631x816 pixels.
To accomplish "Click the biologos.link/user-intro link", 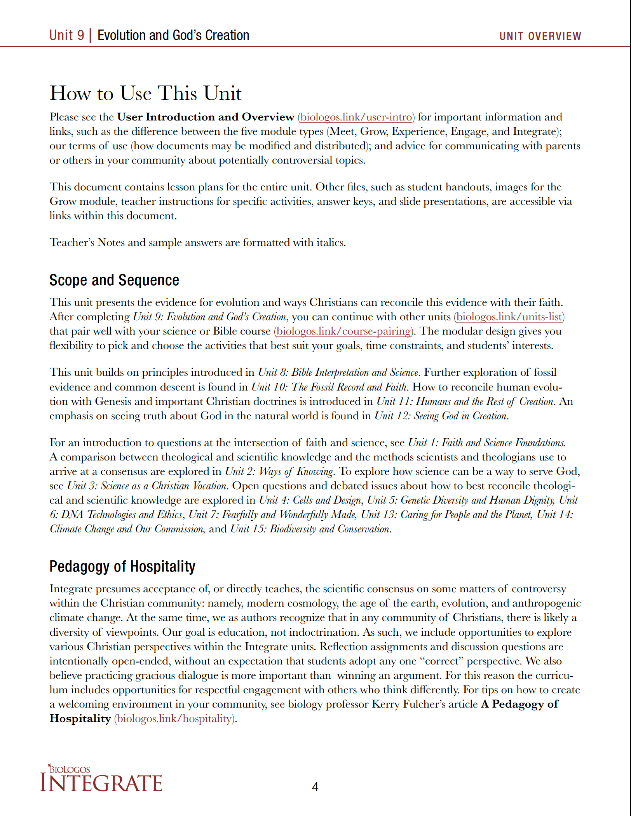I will pyautogui.click(x=356, y=117).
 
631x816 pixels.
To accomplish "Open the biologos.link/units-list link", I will pyautogui.click(x=509, y=317).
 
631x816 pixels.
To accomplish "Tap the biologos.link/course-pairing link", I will pyautogui.click(x=343, y=331).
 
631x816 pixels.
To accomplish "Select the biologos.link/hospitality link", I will pyautogui.click(x=174, y=718).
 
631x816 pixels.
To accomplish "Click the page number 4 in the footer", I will pyautogui.click(x=315, y=787).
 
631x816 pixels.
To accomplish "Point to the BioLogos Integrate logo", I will pyautogui.click(x=101, y=779).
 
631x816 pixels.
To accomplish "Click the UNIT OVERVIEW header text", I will pyautogui.click(x=540, y=36).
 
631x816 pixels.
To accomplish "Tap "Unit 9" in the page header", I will pyautogui.click(x=66, y=35).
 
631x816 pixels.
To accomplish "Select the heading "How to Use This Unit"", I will pyautogui.click(x=146, y=93).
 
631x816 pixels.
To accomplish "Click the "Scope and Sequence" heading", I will pyautogui.click(x=114, y=280).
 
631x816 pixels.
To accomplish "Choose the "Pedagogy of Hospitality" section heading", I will pyautogui.click(x=122, y=567).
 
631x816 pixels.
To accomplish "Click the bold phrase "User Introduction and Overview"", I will pyautogui.click(x=206, y=117).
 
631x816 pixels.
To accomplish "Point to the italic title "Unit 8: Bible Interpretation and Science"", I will pyautogui.click(x=338, y=372).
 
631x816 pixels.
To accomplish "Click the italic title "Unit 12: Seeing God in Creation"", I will pyautogui.click(x=441, y=416).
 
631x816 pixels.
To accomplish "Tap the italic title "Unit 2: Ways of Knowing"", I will pyautogui.click(x=279, y=471).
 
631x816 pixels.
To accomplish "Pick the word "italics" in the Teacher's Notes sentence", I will pyautogui.click(x=330, y=242).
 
